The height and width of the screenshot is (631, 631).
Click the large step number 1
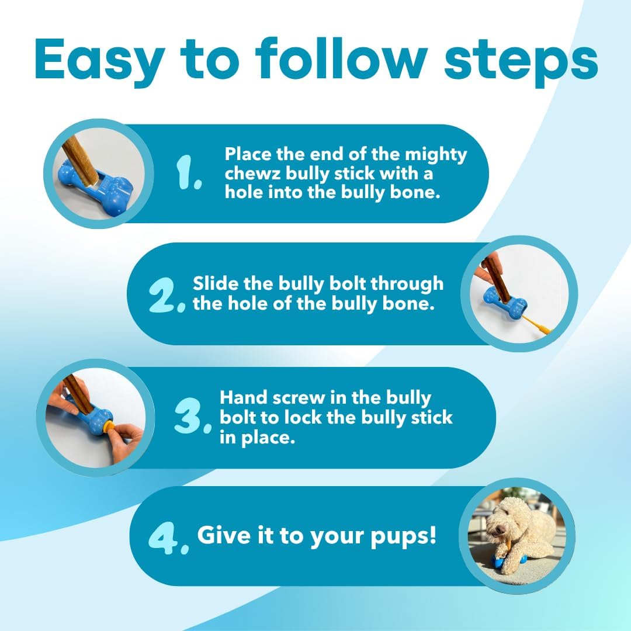tap(188, 174)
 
